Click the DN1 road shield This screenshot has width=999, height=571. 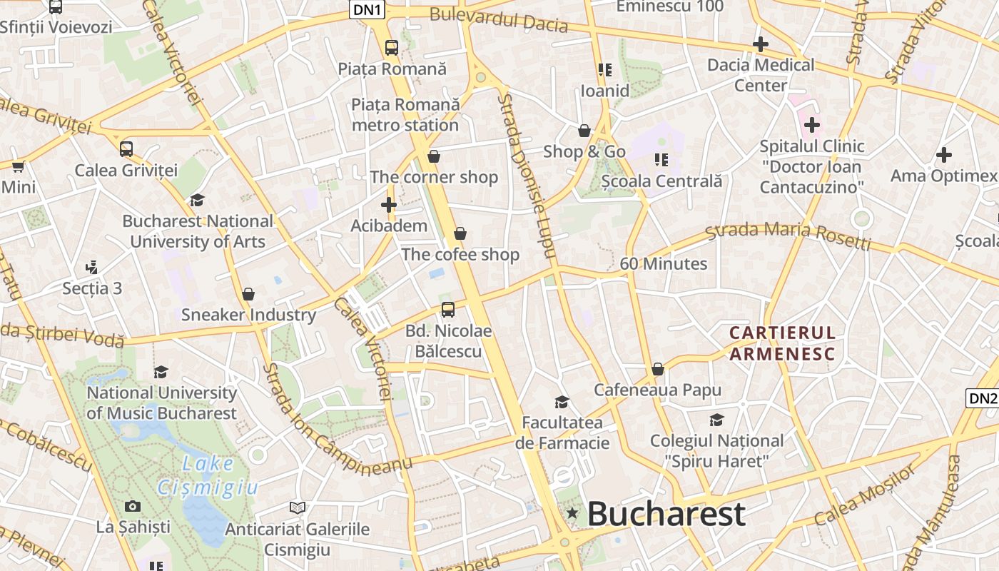pos(367,9)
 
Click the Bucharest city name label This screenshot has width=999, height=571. pos(666,514)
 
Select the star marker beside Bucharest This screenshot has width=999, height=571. pos(572,513)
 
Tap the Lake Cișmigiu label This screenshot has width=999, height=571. pos(207,475)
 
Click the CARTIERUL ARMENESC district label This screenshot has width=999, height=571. pos(782,343)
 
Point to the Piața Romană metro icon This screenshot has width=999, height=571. pos(392,48)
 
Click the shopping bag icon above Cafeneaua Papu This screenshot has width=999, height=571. pos(658,369)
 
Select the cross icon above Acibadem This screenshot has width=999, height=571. pos(389,205)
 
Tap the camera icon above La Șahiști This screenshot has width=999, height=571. pos(133,506)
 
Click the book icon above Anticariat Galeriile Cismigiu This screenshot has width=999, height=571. pos(298,507)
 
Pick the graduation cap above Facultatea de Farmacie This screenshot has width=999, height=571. pos(562,402)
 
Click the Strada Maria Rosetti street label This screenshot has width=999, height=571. pos(788,236)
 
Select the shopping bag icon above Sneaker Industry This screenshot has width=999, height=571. pos(248,294)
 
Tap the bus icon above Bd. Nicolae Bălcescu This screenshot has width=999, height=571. pos(448,310)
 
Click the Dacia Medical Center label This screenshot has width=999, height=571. pos(761,75)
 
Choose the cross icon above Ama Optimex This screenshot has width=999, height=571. pos(944,154)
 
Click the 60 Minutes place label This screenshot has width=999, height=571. pos(664,264)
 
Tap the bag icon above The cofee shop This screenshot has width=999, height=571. pos(460,233)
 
